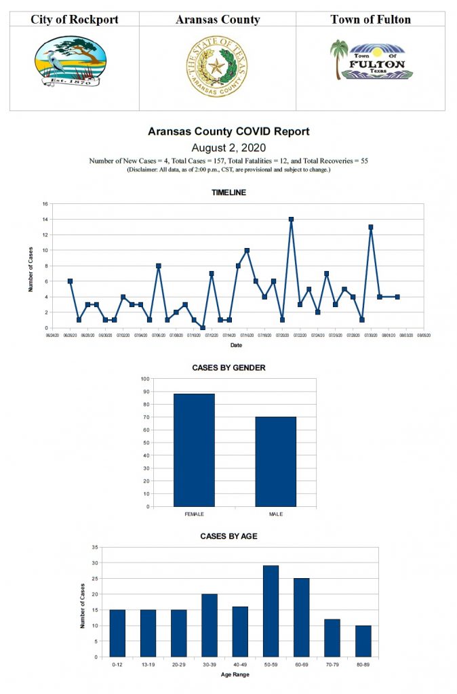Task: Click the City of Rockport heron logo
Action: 70,62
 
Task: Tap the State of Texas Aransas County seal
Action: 217,66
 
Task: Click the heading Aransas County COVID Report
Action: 228,131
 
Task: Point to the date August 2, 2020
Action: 228,147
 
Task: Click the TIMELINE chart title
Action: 228,192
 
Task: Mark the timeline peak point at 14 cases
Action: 291,219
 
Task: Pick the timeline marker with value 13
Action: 371,227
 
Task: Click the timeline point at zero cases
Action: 203,328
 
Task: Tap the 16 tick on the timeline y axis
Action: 45,204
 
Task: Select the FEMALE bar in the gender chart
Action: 194,450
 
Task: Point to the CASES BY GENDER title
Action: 228,367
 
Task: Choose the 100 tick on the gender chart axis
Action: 145,379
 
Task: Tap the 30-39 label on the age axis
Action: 210,665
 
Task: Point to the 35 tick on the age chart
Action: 95,547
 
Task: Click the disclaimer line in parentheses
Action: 228,169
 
